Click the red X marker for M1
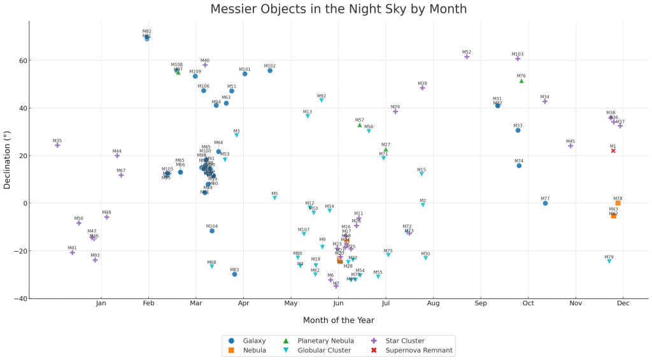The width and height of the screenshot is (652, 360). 613,151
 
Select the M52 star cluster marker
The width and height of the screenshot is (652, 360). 467,57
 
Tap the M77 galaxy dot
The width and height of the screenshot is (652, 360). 545,203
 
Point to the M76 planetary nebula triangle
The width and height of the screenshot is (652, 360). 521,81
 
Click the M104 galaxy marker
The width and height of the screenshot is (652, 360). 212,231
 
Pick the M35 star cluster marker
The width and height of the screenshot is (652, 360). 57,145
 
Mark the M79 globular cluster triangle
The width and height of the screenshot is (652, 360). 609,261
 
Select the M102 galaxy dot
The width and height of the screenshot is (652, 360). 270,71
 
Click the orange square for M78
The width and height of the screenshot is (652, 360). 618,203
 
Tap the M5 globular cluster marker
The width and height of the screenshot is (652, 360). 274,198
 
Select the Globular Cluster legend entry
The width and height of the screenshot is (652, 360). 321,350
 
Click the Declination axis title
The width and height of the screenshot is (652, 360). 7,160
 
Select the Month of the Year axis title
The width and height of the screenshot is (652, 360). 338,320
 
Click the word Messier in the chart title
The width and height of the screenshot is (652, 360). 239,9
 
